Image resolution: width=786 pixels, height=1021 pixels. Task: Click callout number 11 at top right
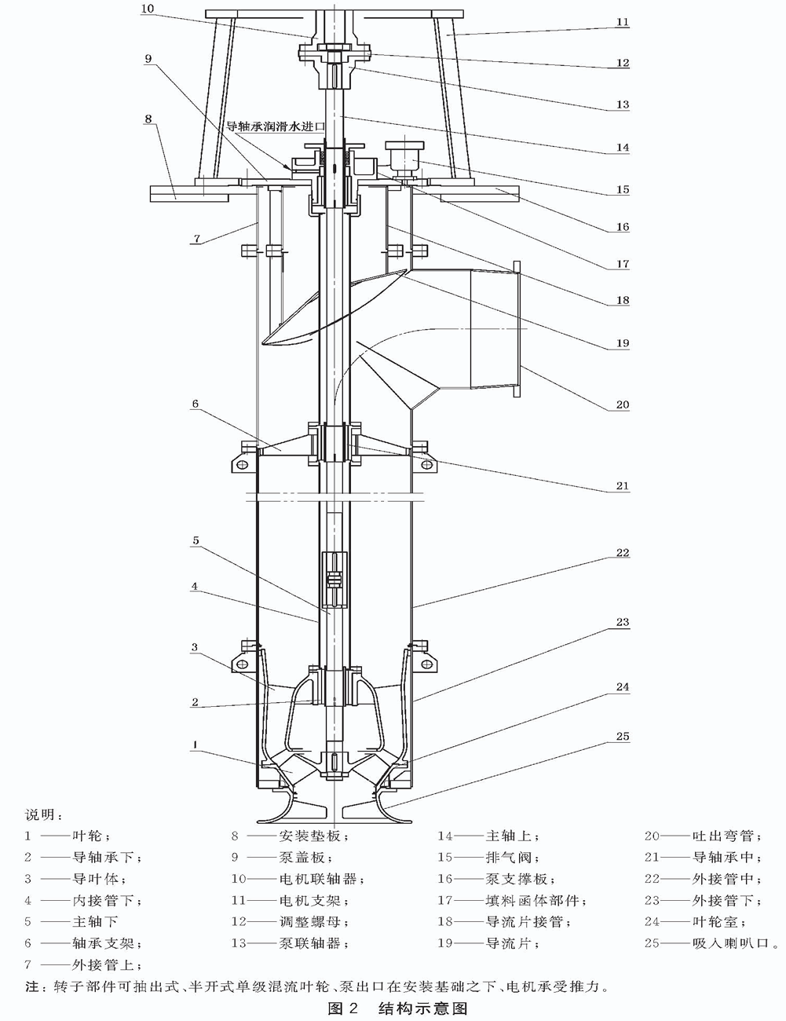tap(622, 22)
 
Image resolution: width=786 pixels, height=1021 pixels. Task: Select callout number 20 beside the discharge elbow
tap(622, 405)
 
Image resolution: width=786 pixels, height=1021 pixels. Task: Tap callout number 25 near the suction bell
tap(622, 737)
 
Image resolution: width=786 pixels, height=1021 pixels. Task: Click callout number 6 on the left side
tap(195, 404)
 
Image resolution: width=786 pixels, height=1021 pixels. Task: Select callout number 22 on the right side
tap(622, 553)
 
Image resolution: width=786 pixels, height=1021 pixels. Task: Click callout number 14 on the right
tap(622, 147)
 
